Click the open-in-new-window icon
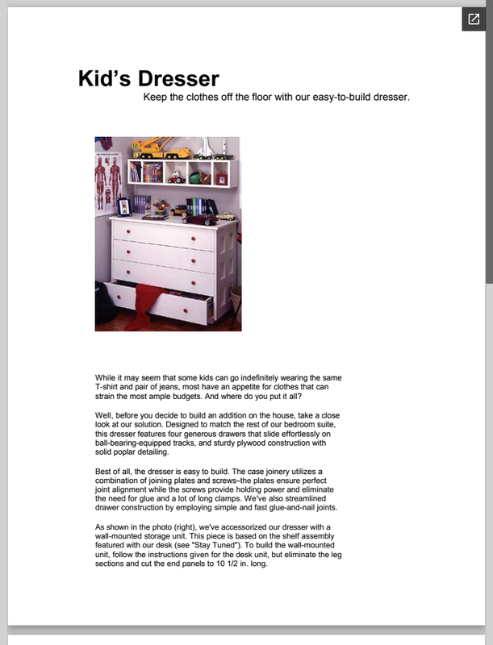pyautogui.click(x=473, y=19)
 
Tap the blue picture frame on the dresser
pyautogui.click(x=123, y=206)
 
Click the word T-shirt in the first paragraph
pyautogui.click(x=110, y=387)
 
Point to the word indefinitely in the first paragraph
pyautogui.click(x=261, y=377)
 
